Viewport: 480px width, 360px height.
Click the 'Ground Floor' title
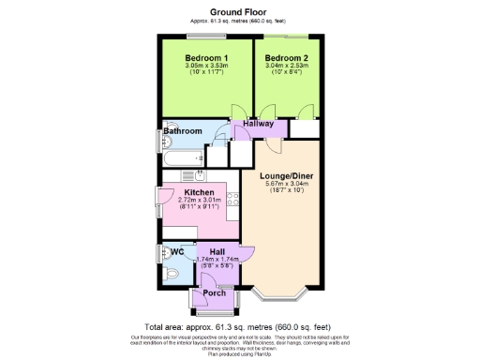point(240,9)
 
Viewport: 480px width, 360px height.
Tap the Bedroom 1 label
point(206,59)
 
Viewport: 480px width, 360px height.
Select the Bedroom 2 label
point(288,59)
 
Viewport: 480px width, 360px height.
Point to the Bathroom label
point(183,131)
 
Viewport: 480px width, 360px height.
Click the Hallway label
point(258,124)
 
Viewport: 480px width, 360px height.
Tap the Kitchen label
point(199,192)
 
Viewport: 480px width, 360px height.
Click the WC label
point(176,251)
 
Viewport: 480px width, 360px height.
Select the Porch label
point(215,293)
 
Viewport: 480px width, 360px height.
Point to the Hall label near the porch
point(217,251)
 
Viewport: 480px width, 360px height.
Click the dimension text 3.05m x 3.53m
point(206,67)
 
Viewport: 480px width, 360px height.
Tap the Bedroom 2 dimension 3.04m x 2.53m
point(288,67)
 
